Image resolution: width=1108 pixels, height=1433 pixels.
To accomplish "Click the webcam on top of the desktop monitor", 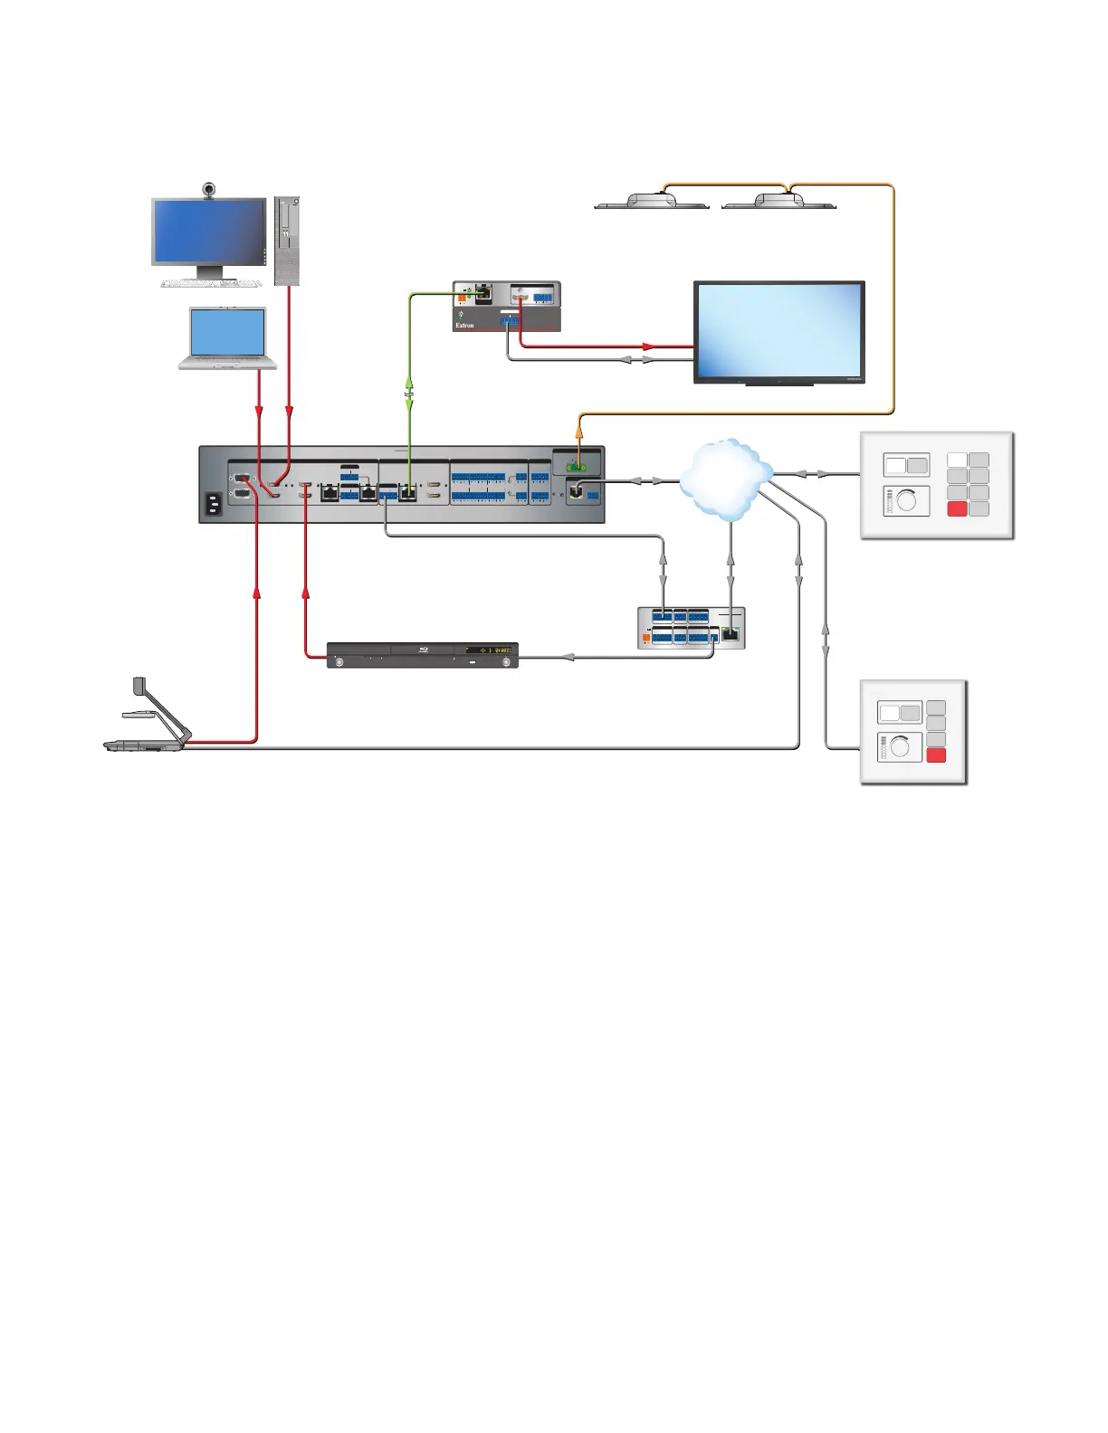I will tap(209, 190).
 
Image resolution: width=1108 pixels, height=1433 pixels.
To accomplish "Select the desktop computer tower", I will tap(286, 241).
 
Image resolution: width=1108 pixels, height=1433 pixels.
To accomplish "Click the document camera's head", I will tap(139, 685).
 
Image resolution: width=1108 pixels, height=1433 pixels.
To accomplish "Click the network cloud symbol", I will tap(725, 478).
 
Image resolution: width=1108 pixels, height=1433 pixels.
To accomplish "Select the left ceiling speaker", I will tap(651, 202).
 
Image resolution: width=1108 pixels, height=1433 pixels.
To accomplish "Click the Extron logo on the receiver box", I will tap(464, 325).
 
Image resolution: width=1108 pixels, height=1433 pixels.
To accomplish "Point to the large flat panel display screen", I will tap(778, 330).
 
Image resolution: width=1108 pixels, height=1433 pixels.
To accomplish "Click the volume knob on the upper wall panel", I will tap(906, 500).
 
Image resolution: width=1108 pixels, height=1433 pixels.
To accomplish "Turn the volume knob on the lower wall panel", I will tap(901, 747).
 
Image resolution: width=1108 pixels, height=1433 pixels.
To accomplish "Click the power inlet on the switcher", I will tap(214, 504).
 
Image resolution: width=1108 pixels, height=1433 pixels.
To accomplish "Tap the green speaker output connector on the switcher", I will tap(577, 468).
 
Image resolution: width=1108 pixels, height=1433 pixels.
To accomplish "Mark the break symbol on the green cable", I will tap(409, 394).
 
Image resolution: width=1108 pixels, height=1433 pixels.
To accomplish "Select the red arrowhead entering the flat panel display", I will tap(648, 346).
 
